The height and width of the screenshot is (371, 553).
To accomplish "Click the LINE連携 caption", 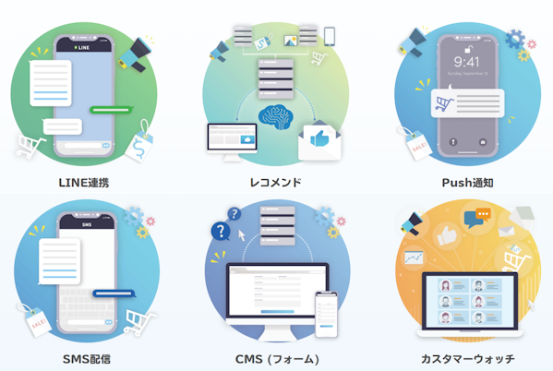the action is click(84, 183).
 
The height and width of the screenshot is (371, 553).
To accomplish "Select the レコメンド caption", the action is click(275, 183).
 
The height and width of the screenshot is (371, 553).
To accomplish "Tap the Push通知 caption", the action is click(468, 183).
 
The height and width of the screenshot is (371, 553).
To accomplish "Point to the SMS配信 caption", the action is click(87, 359).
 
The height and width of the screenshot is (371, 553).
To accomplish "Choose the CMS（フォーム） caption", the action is click(278, 359).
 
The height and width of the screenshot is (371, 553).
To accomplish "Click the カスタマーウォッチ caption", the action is click(468, 359).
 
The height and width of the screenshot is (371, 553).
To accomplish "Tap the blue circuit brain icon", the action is click(276, 116).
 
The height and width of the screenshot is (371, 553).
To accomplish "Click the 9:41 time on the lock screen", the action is click(466, 62).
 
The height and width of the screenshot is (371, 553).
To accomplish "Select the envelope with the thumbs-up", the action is click(319, 140).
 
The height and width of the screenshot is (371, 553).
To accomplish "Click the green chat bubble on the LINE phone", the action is click(111, 110).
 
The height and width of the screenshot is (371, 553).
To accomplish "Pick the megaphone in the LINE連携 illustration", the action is click(136, 54).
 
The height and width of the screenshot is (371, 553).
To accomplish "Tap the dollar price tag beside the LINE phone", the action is click(139, 143).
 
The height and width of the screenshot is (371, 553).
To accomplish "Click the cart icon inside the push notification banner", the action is click(444, 104).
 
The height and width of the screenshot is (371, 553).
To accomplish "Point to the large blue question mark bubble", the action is click(221, 232).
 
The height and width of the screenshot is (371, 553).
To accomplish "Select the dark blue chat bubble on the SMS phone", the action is click(114, 293).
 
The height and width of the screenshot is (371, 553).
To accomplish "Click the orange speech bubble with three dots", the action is click(483, 214).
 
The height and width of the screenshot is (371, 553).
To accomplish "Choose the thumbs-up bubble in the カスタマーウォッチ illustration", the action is click(447, 235).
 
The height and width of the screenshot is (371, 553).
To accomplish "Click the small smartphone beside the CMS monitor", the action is click(326, 314).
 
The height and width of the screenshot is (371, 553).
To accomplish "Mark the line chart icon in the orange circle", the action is click(414, 257).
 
